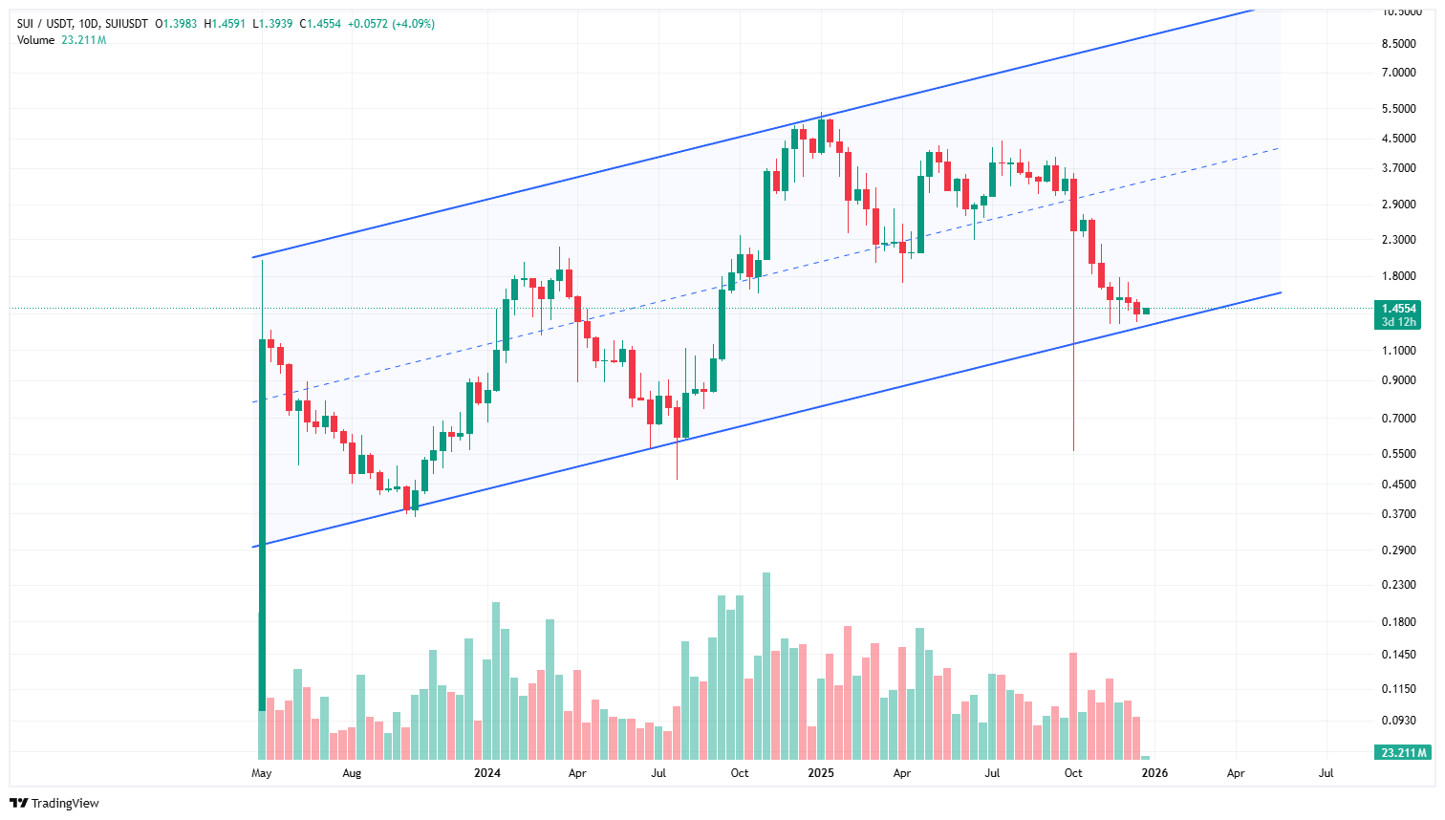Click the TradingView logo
click(x=54, y=803)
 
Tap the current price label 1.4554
click(x=1398, y=309)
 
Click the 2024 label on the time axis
click(x=487, y=773)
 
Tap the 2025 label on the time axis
click(x=820, y=773)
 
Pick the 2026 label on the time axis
click(x=1154, y=773)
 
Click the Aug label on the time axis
click(x=352, y=773)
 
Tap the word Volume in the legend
click(x=35, y=40)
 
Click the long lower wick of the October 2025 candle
click(x=1073, y=401)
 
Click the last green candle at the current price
click(x=1146, y=311)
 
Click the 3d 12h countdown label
click(x=1398, y=322)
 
